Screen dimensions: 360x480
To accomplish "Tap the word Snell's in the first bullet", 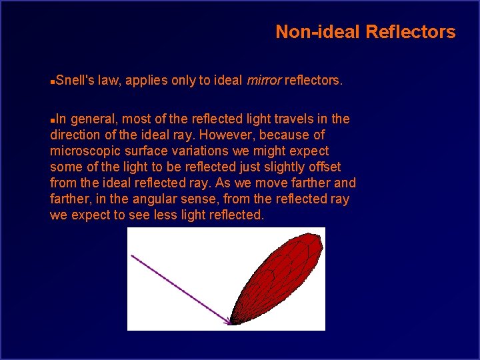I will point(75,81).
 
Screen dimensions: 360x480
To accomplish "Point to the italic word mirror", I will point(264,81).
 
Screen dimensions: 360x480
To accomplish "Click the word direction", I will point(75,135).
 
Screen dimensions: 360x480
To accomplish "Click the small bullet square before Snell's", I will point(53,81).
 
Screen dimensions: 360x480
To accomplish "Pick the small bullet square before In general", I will point(53,119).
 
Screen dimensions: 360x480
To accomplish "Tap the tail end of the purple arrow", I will point(132,255).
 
